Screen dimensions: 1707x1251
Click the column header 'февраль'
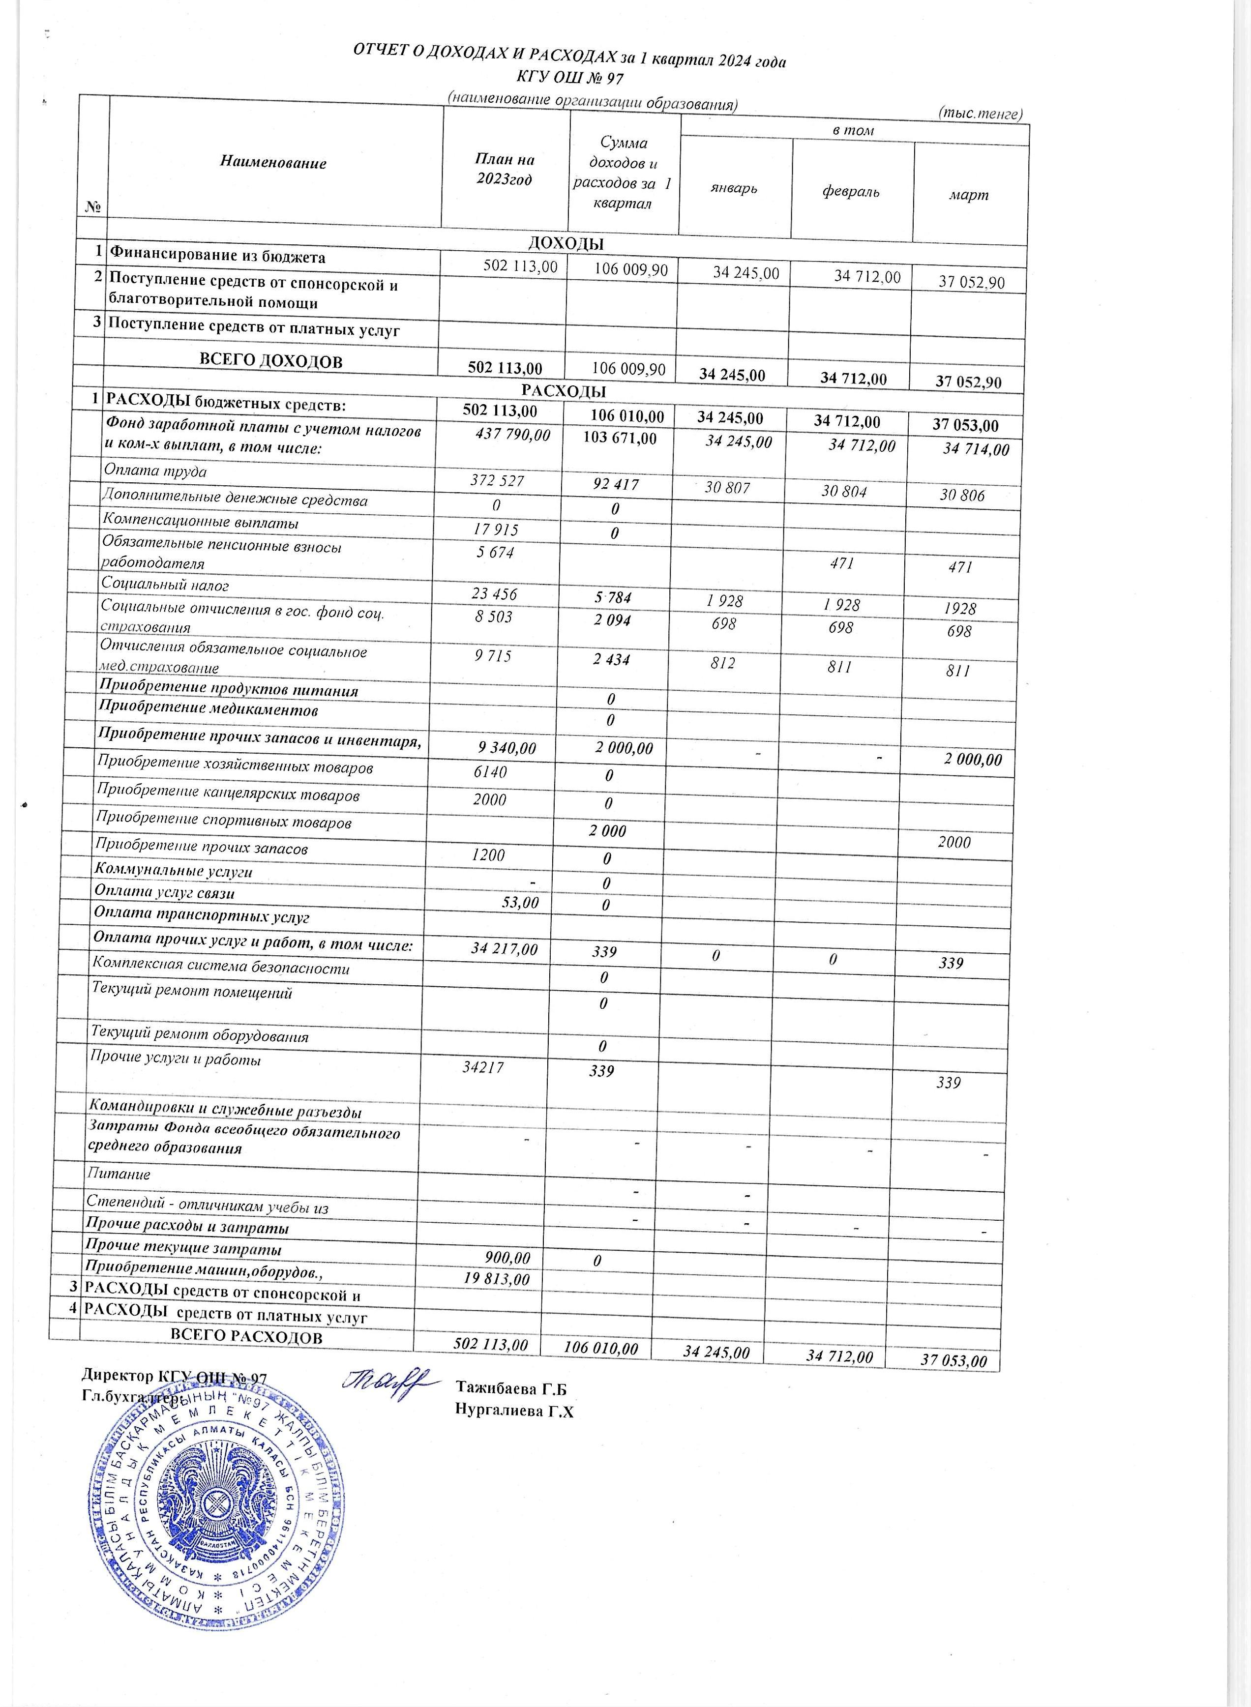850,192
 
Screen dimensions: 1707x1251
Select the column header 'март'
969,195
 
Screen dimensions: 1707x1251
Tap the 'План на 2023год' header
505,169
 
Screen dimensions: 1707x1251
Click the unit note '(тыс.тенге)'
981,114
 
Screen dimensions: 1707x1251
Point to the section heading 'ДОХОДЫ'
565,244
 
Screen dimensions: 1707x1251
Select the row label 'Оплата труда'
155,471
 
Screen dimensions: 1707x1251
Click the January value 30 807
727,488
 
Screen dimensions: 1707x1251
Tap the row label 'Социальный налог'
165,585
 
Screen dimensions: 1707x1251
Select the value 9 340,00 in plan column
506,748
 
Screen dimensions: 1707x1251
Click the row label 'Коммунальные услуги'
173,871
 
